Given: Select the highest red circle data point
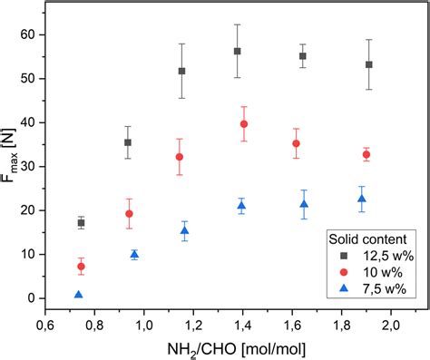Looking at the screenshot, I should coord(244,123).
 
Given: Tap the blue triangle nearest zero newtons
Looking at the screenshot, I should coord(79,295).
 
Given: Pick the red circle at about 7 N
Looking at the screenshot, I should coord(81,266).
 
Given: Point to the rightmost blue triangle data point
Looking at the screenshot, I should coord(362,199).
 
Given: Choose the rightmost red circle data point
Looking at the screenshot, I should coord(366,154).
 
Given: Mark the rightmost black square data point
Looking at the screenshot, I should coord(369,64).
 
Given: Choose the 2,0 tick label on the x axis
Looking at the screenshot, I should coord(391,325).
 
